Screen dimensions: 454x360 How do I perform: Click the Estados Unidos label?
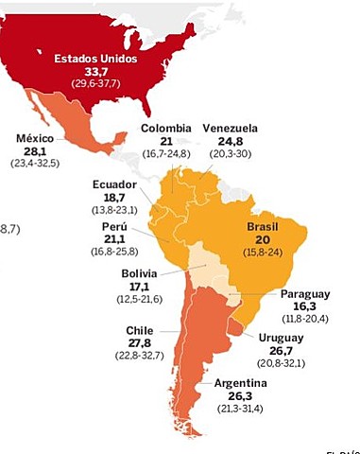(x=95, y=58)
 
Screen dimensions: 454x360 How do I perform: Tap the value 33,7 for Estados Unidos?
(x=95, y=71)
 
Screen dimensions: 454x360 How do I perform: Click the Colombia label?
(x=166, y=128)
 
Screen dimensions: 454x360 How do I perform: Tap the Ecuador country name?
(x=115, y=183)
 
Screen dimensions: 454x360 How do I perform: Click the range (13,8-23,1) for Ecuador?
(x=115, y=208)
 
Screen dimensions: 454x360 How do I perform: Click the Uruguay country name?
(x=280, y=337)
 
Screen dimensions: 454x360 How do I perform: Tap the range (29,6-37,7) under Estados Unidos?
(x=95, y=84)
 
